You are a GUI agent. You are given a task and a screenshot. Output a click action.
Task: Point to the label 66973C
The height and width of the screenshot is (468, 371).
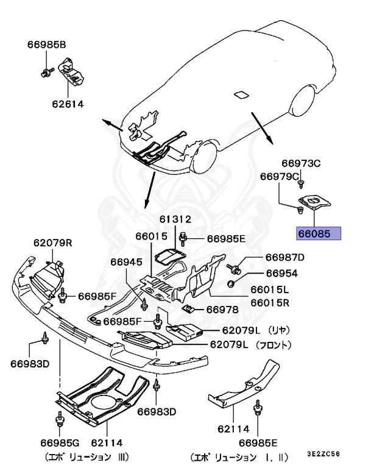coord(300,163)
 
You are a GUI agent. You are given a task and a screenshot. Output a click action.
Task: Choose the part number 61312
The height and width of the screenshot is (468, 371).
coord(176,219)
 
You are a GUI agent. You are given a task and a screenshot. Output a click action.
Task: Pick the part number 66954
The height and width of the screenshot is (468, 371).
coord(281,275)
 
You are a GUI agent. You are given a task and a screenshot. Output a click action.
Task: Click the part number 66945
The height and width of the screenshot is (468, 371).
coord(126,262)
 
